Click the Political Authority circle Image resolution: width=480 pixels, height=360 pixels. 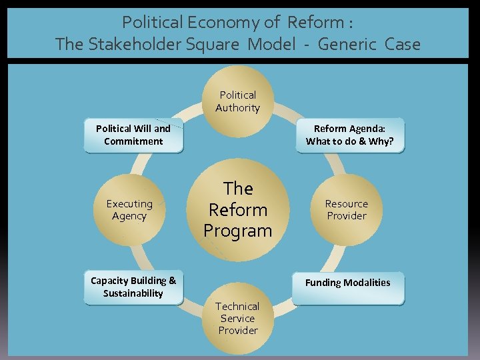coord(238,101)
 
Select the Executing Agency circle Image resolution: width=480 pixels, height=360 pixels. coord(129,210)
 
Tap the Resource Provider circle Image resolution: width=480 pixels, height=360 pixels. coord(347,210)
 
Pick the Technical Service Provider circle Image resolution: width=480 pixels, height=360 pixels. coord(238,319)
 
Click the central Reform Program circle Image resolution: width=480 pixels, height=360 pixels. coord(238,209)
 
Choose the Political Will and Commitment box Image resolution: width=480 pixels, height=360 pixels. coord(133,135)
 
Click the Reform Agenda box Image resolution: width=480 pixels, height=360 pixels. coord(350,135)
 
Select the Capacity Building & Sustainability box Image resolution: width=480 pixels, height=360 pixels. coord(133,287)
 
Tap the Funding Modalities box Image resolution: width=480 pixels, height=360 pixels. coord(348,283)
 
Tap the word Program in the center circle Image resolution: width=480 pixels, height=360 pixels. coord(238,231)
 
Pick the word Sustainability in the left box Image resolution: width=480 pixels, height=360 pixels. coord(133,293)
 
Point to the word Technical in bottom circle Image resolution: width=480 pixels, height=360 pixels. coord(238,306)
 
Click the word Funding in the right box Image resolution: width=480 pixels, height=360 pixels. coord(323,283)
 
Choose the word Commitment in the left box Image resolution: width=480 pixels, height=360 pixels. coord(133,141)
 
